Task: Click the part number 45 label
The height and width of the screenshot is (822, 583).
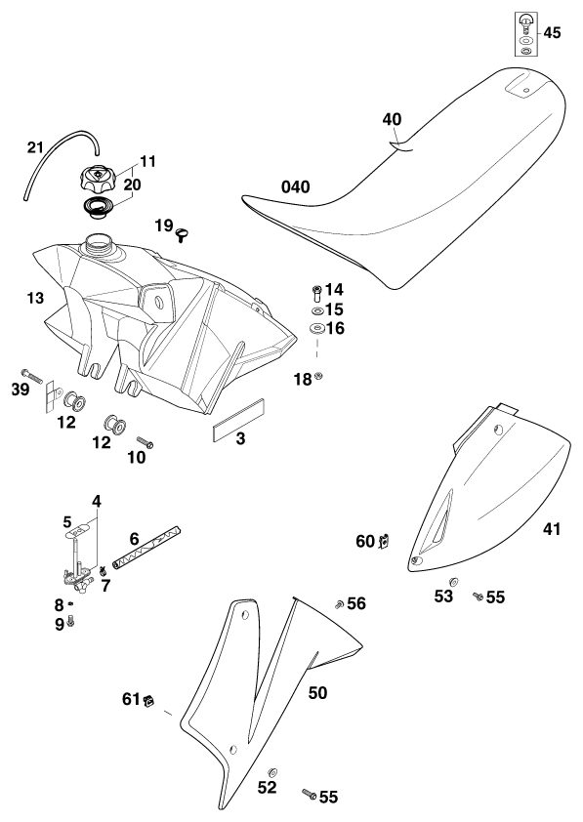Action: pos(552,32)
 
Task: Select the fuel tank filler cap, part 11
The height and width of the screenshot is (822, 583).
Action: pos(97,179)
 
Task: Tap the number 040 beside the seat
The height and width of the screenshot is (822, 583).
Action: pos(296,186)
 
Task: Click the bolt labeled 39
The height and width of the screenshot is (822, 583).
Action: pos(32,377)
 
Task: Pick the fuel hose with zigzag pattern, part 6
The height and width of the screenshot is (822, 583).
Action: pos(146,548)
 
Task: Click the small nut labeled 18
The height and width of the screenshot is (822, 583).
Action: pos(317,376)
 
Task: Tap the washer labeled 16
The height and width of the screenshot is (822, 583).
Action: pos(316,329)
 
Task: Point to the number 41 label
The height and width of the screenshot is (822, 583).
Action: pos(551,529)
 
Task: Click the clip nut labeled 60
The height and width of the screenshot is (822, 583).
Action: pos(385,541)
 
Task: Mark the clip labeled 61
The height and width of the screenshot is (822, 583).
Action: pos(148,700)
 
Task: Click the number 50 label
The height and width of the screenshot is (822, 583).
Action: pos(317,693)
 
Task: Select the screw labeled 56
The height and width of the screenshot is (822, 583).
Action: pos(339,604)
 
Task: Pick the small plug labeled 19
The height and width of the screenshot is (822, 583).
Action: pos(182,234)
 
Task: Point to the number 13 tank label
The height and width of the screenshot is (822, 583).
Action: pos(35,299)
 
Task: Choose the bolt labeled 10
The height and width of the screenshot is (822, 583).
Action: pos(145,442)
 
